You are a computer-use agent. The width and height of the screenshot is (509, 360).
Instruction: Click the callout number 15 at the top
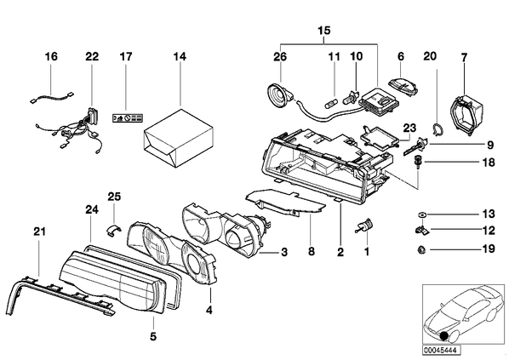[324, 31]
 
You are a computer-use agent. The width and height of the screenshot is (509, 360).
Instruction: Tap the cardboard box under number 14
[178, 138]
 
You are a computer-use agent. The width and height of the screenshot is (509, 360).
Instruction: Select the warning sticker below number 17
[128, 117]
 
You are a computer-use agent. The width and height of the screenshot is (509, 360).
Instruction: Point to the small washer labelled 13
[421, 214]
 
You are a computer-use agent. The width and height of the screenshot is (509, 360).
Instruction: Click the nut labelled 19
[421, 249]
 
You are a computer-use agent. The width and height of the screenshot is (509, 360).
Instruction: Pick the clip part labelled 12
[421, 230]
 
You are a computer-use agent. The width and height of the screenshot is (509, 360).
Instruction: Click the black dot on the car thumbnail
[443, 336]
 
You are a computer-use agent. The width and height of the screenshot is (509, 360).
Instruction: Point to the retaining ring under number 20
[439, 129]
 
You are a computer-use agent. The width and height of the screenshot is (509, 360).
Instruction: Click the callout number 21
[39, 231]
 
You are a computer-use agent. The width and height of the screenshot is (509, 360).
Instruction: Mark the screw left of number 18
[417, 162]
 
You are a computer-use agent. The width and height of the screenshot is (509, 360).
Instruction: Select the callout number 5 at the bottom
[153, 337]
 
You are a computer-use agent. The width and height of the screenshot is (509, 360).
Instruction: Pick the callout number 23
[409, 128]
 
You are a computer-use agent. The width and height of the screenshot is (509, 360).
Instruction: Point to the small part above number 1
[365, 225]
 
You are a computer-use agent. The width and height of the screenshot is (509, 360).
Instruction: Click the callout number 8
[311, 251]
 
